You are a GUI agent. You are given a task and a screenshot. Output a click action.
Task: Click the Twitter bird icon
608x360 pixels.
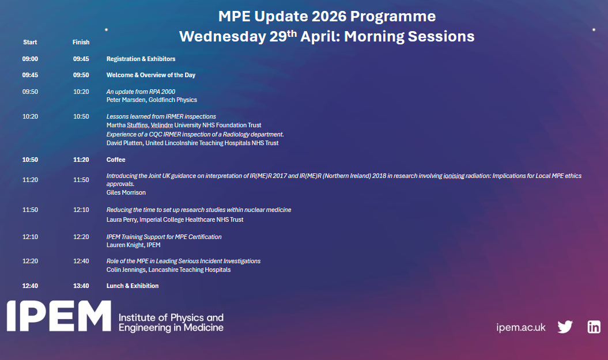[565, 327]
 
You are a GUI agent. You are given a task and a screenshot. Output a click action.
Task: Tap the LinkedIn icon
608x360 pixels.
[594, 327]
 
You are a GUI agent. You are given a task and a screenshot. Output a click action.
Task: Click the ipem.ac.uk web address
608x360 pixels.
[520, 327]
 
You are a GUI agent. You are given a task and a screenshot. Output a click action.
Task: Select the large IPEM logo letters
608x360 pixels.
[58, 316]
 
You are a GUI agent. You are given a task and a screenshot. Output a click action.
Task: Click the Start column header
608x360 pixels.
[30, 42]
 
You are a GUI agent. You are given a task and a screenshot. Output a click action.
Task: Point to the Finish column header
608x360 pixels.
[81, 42]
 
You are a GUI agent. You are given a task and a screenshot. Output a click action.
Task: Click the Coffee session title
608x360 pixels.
[116, 160]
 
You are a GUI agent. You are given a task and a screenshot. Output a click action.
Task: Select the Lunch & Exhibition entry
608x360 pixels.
[133, 286]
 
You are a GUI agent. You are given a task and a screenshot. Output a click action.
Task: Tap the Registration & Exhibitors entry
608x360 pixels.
[141, 59]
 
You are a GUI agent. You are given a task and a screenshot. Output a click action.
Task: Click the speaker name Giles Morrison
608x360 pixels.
[126, 192]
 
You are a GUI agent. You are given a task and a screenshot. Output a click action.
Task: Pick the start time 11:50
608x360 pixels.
[30, 210]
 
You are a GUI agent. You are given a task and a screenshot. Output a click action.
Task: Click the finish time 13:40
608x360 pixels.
[81, 286]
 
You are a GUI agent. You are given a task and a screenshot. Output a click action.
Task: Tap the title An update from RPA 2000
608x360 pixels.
[141, 92]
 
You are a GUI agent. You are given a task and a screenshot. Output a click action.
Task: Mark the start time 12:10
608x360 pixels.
[30, 237]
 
